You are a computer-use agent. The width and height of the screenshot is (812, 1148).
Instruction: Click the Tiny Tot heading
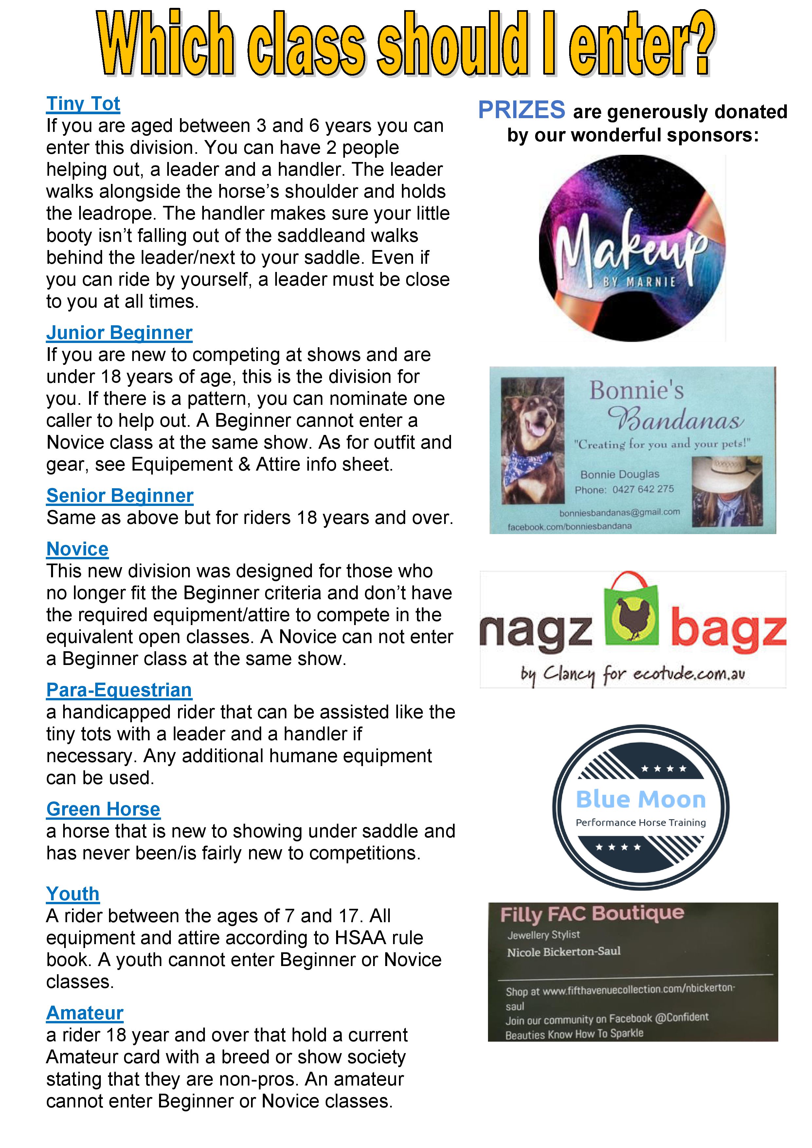(x=83, y=104)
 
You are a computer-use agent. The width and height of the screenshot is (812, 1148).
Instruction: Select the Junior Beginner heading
(x=119, y=333)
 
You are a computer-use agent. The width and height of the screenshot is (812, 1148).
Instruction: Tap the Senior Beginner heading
(x=119, y=496)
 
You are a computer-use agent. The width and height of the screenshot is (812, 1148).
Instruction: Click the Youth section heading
(x=73, y=894)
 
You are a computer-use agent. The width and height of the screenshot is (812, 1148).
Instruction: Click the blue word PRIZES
(x=521, y=111)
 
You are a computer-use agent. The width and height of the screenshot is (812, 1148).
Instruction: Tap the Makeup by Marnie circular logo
(x=632, y=248)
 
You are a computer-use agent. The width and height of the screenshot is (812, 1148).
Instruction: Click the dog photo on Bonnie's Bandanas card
(x=532, y=440)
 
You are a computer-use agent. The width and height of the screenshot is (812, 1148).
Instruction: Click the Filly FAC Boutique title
(x=592, y=914)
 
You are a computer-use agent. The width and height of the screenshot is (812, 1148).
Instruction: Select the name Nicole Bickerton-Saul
(x=564, y=952)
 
